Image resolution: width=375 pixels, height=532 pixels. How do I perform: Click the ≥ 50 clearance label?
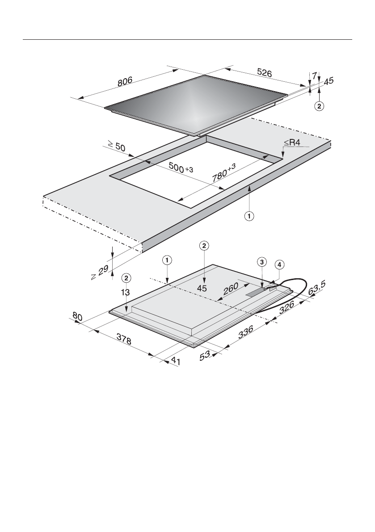pos(115,146)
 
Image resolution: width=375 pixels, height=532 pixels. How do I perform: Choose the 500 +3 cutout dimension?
pos(181,167)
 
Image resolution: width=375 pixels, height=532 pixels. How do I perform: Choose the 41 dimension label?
pos(175,362)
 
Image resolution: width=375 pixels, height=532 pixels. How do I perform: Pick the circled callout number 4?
pos(279,265)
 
